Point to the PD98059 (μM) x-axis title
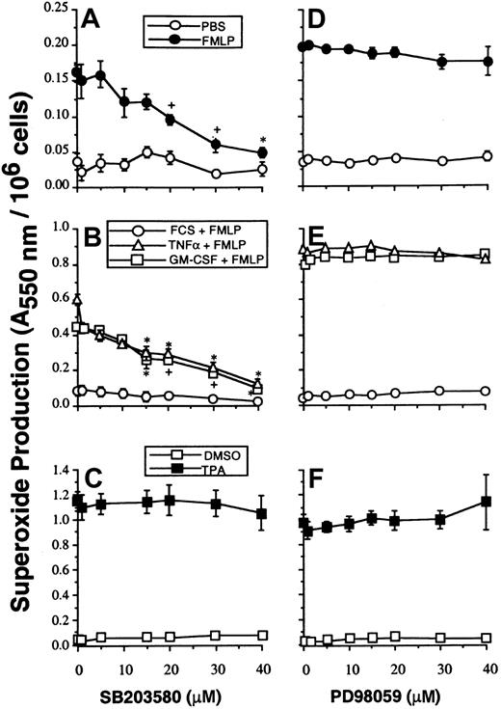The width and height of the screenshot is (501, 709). pyautogui.click(x=395, y=695)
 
